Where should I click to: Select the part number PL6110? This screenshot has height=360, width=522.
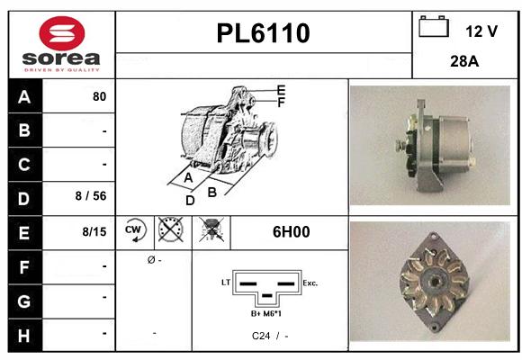point(263,33)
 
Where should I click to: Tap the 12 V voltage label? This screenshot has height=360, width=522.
point(481,31)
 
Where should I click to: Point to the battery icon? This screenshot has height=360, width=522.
point(434,28)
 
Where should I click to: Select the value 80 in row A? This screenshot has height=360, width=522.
point(99,96)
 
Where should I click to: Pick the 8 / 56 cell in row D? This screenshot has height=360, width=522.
point(93,197)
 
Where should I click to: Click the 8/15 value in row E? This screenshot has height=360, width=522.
point(94,231)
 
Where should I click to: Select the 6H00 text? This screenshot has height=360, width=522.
point(291,231)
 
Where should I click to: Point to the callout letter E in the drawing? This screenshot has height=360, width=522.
point(281,90)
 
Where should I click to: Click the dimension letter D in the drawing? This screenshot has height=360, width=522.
point(190,201)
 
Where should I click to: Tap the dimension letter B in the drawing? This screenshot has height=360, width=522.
point(212,192)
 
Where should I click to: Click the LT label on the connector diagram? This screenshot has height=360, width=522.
point(225,283)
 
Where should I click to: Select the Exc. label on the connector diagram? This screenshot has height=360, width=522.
point(310,283)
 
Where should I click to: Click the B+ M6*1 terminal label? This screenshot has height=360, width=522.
point(267,313)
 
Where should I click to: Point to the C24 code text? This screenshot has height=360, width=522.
point(261,336)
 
